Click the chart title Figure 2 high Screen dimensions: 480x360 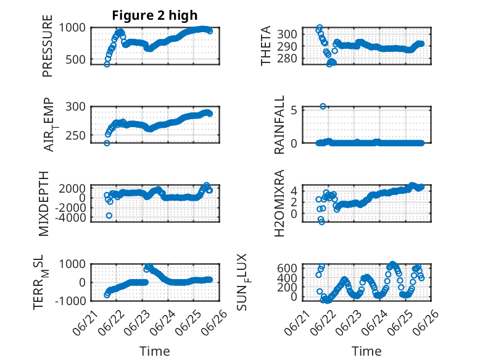click(x=155, y=15)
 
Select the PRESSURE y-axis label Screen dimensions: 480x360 click(x=48, y=46)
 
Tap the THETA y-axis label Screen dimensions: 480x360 click(x=266, y=46)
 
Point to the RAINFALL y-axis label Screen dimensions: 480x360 click(x=279, y=125)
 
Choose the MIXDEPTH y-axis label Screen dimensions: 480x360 click(x=44, y=204)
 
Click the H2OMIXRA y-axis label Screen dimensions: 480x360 click(x=279, y=203)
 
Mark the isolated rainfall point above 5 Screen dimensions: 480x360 click(x=323, y=106)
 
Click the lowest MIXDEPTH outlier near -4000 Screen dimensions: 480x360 click(x=109, y=216)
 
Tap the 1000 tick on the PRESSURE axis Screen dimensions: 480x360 click(x=72, y=28)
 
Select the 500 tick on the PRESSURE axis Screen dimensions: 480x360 click(x=76, y=59)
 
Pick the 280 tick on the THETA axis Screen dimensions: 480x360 click(x=287, y=58)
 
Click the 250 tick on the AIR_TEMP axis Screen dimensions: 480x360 click(x=76, y=135)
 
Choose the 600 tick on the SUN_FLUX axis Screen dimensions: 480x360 click(x=287, y=268)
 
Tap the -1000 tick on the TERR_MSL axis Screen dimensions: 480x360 click(x=70, y=301)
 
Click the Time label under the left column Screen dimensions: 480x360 click(x=155, y=351)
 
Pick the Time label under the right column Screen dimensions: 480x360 click(x=366, y=351)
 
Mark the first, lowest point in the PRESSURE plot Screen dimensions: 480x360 click(x=107, y=64)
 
